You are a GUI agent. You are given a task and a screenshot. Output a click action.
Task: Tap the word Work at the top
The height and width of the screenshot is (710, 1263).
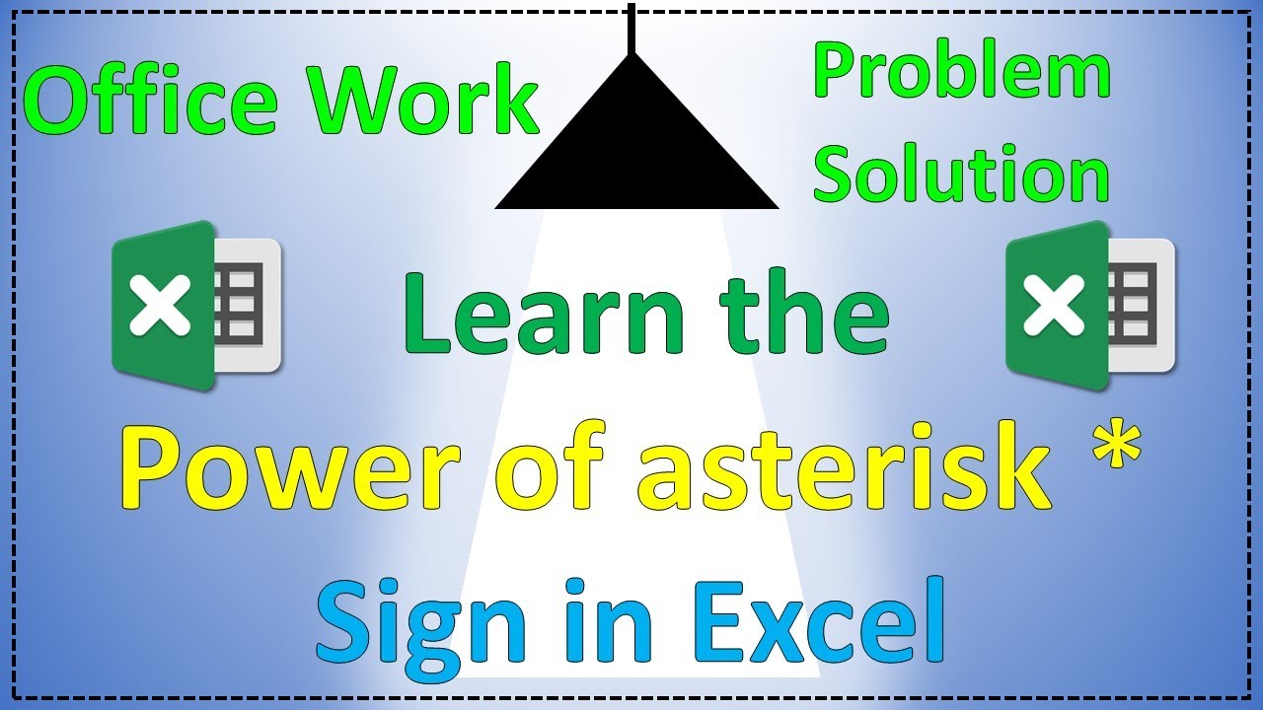420,103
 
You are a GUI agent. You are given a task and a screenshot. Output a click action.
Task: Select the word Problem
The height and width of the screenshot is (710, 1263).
962,75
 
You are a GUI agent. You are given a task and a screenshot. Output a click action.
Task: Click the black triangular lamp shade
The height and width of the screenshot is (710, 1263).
636,148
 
